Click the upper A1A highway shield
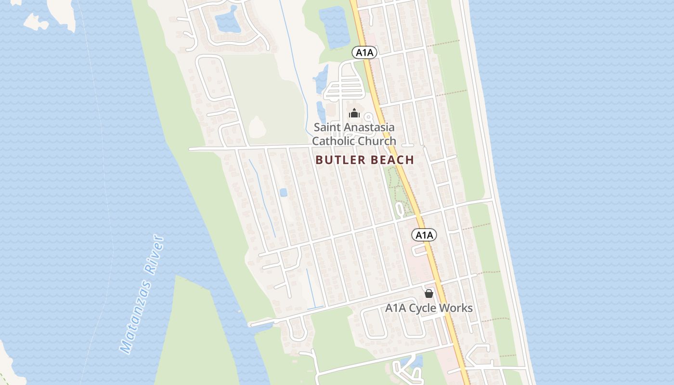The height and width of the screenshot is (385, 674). pyautogui.click(x=364, y=52)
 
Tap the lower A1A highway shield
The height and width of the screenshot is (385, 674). pyautogui.click(x=424, y=235)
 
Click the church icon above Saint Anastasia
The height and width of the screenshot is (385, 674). pyautogui.click(x=354, y=114)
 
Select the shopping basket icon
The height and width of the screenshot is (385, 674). pyautogui.click(x=429, y=293)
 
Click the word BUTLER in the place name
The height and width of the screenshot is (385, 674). pyautogui.click(x=338, y=160)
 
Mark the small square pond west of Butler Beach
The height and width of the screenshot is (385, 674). pyautogui.click(x=283, y=192)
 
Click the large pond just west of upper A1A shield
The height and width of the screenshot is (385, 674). pyautogui.click(x=335, y=26)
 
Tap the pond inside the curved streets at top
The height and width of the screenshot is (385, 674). pyautogui.click(x=227, y=22)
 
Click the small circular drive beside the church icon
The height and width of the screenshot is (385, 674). pyautogui.click(x=369, y=117)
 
